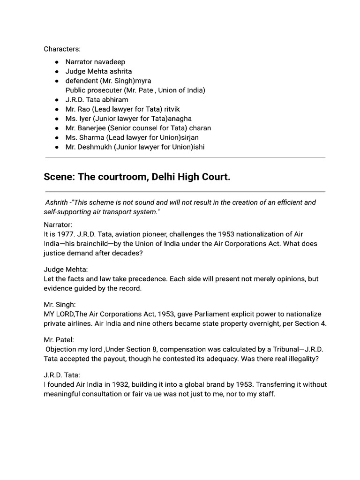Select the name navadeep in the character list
[110, 62]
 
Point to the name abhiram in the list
[112, 100]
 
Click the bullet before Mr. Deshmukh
[56, 147]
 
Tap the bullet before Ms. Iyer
[56, 119]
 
